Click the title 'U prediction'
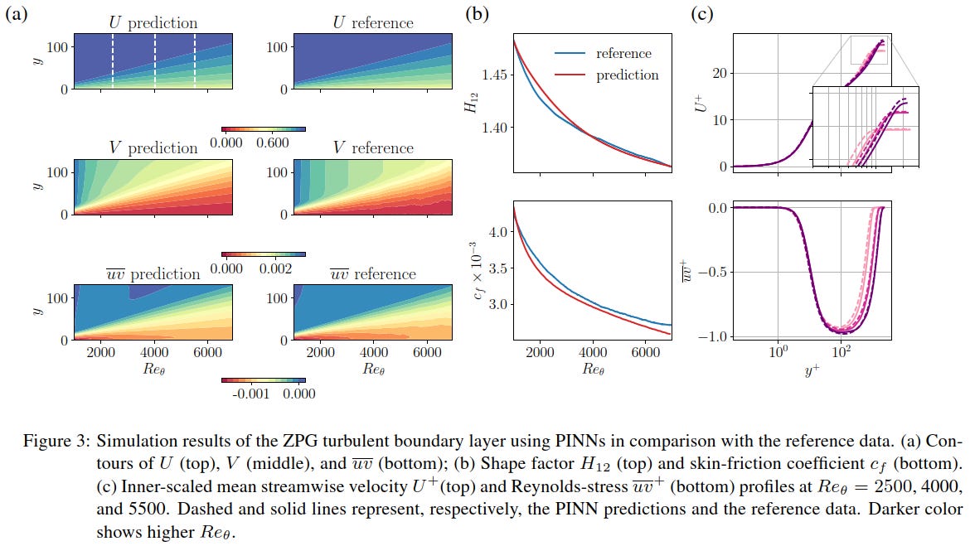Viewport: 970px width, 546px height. pos(153,22)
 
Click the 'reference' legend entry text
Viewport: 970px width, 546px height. pos(623,54)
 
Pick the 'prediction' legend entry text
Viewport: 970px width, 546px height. pos(627,75)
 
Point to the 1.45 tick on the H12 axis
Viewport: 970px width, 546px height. pos(496,75)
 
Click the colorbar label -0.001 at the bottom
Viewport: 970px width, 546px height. pos(245,394)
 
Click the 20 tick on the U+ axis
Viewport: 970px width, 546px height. pos(718,74)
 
